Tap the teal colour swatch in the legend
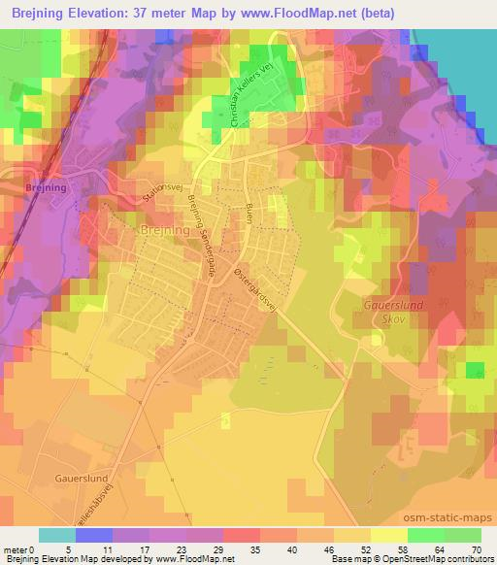pyautogui.click(x=57, y=535)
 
